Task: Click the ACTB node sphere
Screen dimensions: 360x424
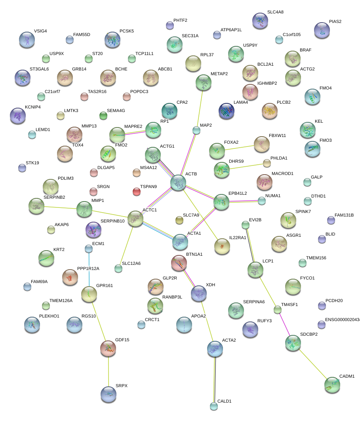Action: coord(178,182)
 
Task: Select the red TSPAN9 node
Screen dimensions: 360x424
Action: coord(137,192)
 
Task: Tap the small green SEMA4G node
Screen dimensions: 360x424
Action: coord(103,116)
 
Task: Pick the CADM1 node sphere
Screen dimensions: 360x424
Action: coord(332,385)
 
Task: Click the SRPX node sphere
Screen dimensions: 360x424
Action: coord(109,394)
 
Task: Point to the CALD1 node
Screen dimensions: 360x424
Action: coord(214,406)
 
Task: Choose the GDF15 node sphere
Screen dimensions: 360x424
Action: coord(108,347)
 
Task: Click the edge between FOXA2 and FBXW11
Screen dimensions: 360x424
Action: coord(239,147)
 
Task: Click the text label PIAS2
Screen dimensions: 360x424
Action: coord(335,21)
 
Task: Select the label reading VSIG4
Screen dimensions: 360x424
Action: coord(40,31)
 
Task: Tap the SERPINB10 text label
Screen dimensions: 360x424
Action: coord(112,221)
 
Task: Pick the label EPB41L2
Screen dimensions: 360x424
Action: coord(238,193)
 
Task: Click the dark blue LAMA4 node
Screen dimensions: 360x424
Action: coord(226,110)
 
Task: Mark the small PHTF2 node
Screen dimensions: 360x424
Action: coord(170,25)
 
